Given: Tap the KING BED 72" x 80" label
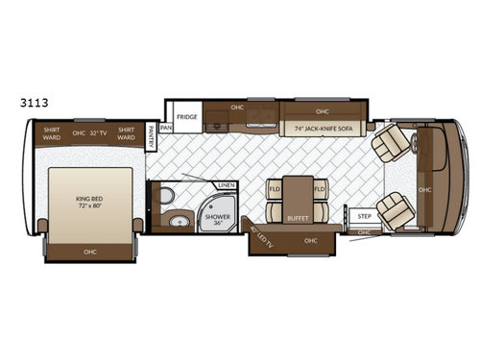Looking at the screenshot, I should pos(88,203).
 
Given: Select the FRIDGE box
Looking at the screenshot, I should pos(187,117).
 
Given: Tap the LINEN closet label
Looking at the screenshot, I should pos(227,185).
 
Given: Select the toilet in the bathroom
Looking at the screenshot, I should pos(166,198).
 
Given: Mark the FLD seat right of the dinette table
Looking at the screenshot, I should pos(321,190).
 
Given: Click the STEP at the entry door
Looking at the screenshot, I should pos(364,218).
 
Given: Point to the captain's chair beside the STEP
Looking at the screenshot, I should pos(394,210).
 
